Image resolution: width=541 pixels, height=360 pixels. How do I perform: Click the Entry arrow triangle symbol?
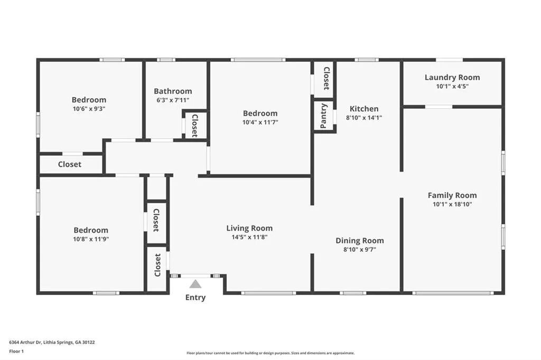(195, 284)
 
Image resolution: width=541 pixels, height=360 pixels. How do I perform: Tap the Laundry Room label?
(452, 78)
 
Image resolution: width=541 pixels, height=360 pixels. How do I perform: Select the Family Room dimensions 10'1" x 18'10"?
(452, 204)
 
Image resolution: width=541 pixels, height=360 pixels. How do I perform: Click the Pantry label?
(324, 116)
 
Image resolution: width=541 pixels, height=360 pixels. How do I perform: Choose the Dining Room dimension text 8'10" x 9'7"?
(360, 250)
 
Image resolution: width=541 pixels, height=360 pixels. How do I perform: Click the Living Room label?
(249, 228)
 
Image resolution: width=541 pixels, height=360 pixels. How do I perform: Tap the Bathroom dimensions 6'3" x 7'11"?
(173, 100)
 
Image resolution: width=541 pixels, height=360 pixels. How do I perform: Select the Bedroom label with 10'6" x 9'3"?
(89, 99)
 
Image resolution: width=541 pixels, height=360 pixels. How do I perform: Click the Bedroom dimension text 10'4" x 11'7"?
(260, 122)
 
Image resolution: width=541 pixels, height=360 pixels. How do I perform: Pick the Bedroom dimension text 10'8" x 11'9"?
(91, 239)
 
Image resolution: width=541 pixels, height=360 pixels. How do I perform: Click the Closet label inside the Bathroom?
(194, 126)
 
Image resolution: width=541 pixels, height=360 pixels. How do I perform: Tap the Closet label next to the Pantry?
(327, 78)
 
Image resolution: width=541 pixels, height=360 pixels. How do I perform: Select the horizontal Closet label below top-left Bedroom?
(70, 164)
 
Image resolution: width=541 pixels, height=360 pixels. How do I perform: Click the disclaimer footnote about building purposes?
(270, 353)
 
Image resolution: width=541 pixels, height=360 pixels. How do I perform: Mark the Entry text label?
(195, 298)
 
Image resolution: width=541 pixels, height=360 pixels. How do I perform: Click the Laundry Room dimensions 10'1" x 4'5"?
(452, 86)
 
